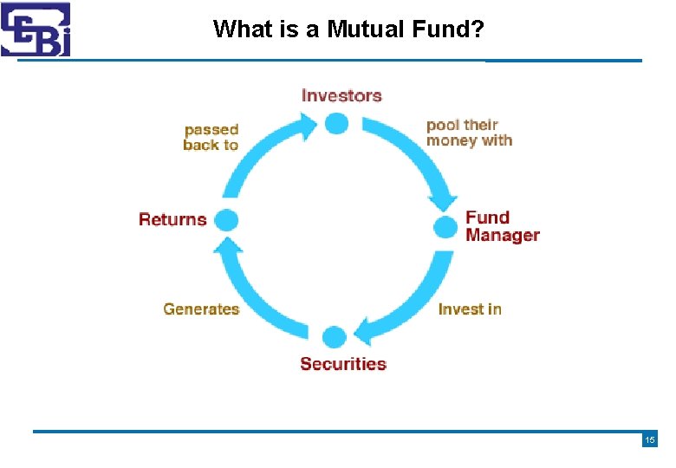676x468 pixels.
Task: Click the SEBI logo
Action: [x=36, y=29]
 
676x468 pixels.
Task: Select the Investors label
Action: [x=341, y=95]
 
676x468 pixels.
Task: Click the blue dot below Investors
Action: [x=336, y=123]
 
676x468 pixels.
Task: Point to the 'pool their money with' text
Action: [x=469, y=133]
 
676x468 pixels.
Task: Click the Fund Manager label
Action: [x=502, y=226]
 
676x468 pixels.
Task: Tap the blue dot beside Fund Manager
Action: [x=445, y=228]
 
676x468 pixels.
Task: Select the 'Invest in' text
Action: [x=470, y=309]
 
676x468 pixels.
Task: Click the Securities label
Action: [x=343, y=363]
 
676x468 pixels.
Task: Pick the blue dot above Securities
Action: [x=335, y=337]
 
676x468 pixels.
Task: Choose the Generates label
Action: [x=201, y=309]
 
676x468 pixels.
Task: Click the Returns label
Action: [x=172, y=219]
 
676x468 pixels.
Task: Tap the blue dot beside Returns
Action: [x=226, y=220]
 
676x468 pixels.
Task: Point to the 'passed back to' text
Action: [x=211, y=137]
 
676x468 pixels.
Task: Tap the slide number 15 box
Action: [x=649, y=440]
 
